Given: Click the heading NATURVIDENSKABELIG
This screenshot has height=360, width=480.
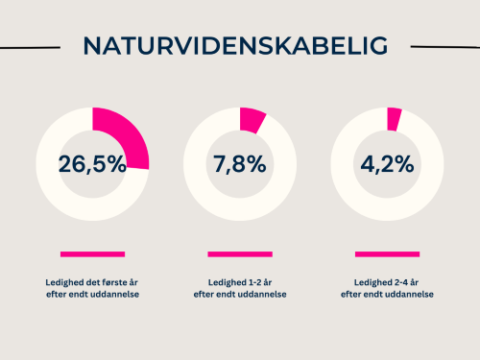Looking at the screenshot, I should pos(235,46).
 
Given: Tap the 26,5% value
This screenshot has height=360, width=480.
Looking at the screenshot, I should pos(92,163).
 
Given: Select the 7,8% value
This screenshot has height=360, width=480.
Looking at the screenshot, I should pos(239,163).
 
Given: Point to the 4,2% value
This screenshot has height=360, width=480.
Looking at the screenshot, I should pos(387,163).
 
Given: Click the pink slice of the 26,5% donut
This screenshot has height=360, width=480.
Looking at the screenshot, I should pos(123,137).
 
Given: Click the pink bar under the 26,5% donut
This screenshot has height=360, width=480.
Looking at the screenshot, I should pos(92,254).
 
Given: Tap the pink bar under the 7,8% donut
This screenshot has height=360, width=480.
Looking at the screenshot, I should pos(239,254).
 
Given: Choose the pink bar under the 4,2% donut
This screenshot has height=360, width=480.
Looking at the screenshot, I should pos(387,254).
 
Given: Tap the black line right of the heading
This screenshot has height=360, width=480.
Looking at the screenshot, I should pos(444,45).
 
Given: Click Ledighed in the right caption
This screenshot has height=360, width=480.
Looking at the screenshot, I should pos(371,283).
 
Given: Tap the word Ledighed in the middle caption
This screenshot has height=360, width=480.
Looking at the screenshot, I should pos(224,283).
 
